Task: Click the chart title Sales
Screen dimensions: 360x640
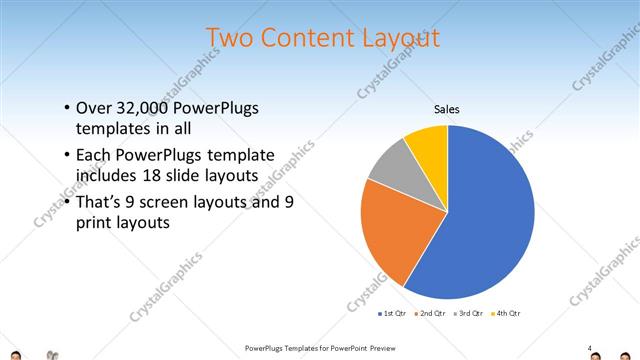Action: [447, 109]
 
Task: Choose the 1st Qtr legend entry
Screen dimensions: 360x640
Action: [394, 313]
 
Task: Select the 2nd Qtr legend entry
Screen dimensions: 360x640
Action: [430, 313]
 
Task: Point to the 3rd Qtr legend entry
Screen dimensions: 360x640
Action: [468, 313]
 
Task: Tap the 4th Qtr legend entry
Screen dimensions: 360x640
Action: [505, 313]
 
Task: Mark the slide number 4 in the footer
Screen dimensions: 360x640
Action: [590, 348]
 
